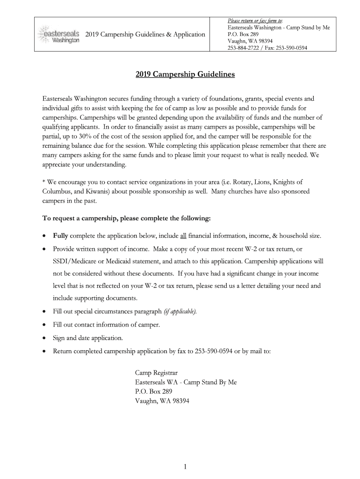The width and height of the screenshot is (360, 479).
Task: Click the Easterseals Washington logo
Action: tap(58, 34)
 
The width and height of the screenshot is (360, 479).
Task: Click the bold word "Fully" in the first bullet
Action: tap(61, 235)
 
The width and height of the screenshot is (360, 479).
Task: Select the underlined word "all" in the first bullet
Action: tap(183, 235)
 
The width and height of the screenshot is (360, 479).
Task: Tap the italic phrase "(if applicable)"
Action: tap(180, 312)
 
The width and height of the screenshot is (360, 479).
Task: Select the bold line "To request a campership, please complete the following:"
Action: tap(127, 218)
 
